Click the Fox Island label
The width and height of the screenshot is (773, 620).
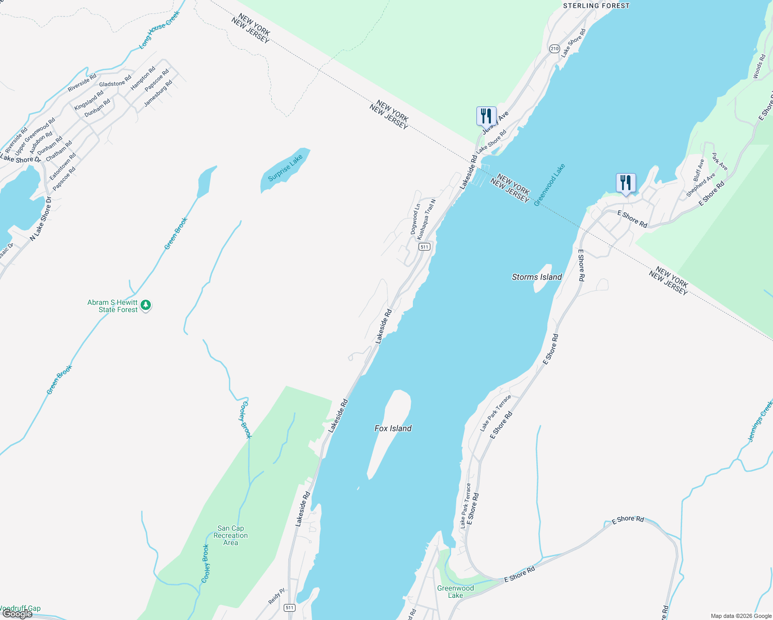point(393,428)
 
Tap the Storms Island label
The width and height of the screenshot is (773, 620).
point(537,277)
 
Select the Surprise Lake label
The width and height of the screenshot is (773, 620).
point(285,168)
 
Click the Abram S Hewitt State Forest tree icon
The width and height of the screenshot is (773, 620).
point(146,305)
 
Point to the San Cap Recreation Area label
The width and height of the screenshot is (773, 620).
point(230,535)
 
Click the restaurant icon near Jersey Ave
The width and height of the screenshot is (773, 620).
point(486,116)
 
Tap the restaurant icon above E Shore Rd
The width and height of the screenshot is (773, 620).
point(626,183)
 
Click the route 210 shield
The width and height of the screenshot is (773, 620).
point(554,49)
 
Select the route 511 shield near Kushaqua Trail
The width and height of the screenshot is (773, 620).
point(424,247)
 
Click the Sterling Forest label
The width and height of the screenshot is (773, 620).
point(596,6)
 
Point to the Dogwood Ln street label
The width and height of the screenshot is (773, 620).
point(415,219)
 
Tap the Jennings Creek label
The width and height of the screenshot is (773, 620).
point(761,421)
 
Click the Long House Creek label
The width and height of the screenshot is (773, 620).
point(159,30)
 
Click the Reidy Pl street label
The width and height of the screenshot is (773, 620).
point(276,597)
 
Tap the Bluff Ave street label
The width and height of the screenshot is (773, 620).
point(699,170)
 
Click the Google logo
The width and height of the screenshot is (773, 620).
point(18,614)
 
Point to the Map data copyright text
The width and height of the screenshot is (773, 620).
point(741,616)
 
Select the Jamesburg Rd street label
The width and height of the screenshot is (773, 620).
point(158,94)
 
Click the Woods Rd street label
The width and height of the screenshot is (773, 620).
point(759,67)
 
